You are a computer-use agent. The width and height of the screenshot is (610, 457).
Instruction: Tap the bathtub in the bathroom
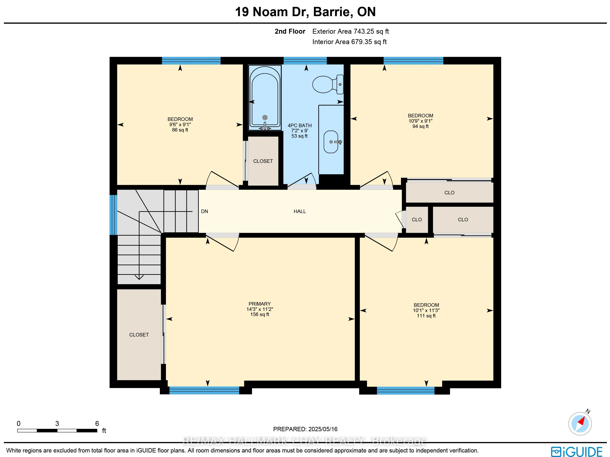tap(265, 98)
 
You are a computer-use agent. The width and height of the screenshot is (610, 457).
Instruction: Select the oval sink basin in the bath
tap(331, 142)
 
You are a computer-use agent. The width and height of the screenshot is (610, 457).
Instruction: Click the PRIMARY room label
tap(259, 304)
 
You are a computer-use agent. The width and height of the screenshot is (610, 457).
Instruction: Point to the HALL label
tap(300, 211)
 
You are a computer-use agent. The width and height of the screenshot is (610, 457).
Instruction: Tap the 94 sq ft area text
tap(421, 126)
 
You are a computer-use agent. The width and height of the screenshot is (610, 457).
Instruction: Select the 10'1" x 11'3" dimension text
tap(426, 310)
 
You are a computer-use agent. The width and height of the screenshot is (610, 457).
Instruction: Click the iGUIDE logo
tap(577, 452)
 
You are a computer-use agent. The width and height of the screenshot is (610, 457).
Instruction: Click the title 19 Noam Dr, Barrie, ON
tap(305, 12)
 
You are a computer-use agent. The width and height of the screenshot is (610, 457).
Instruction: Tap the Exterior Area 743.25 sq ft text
tap(351, 32)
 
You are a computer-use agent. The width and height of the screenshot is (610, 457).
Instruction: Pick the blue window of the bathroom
tap(305, 60)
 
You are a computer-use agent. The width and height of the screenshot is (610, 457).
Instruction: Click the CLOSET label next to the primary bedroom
tap(139, 335)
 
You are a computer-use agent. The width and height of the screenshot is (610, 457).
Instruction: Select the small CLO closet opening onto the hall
tap(417, 220)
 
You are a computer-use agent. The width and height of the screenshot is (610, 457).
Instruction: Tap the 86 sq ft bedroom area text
tap(180, 130)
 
